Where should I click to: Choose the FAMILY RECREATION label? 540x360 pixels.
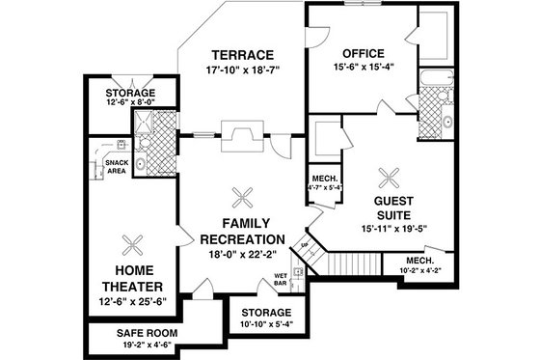(x=241, y=232)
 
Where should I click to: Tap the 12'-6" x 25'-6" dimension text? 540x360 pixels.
(x=132, y=301)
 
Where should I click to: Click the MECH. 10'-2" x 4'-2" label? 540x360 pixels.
(x=418, y=266)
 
